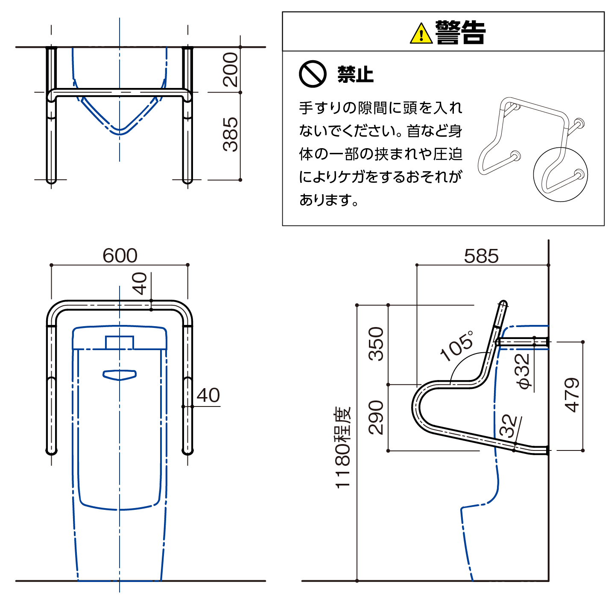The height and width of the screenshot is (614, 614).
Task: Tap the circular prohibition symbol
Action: [x=313, y=74]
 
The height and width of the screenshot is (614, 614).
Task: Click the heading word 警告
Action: [x=460, y=32]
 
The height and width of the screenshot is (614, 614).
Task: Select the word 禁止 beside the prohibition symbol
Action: [x=355, y=75]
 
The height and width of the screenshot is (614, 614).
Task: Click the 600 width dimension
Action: [x=120, y=256]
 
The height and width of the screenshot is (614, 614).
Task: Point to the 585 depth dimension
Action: [x=481, y=256]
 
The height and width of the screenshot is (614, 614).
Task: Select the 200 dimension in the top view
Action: [x=231, y=70]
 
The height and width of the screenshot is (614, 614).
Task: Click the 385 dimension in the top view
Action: [x=231, y=134]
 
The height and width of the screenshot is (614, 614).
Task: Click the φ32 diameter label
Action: [x=523, y=371]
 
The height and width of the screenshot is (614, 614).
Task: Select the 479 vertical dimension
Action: [x=572, y=395]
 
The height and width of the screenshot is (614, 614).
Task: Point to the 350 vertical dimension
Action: [x=377, y=344]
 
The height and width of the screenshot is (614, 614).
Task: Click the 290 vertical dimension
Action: [x=377, y=417]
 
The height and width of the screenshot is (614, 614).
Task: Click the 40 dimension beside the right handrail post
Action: [x=208, y=395]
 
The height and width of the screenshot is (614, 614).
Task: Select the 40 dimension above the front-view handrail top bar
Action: [x=140, y=284]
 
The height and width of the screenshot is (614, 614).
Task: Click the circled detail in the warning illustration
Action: [x=560, y=175]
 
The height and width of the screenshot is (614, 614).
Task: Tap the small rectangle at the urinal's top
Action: [x=120, y=342]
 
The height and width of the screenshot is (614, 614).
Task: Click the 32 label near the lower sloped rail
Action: [x=509, y=426]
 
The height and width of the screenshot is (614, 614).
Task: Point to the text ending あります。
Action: [x=329, y=199]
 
